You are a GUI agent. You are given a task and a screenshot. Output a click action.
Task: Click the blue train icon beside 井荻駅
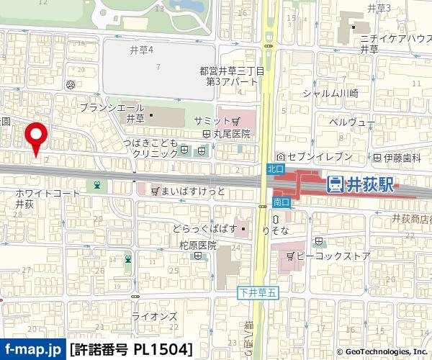point(335,186)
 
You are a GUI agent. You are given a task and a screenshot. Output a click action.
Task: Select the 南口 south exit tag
point(280,202)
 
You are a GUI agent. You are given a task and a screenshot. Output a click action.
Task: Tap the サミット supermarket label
point(212,120)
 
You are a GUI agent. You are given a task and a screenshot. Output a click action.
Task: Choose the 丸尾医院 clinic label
point(231,133)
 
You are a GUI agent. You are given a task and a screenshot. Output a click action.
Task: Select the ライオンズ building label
point(156,315)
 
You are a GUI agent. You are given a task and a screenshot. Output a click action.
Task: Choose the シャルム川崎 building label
point(330,93)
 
